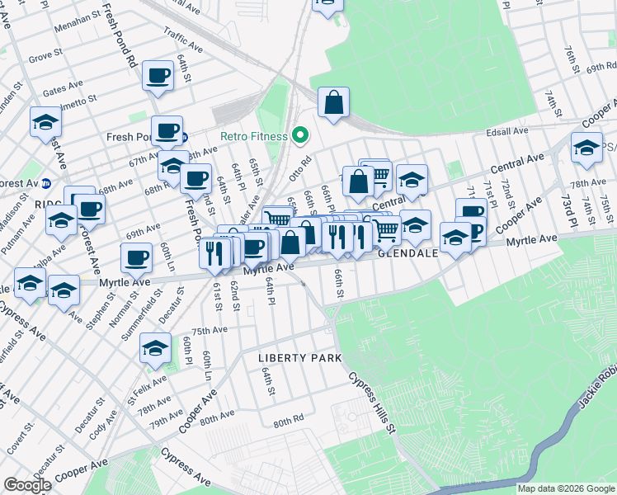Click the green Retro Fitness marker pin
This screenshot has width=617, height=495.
pos(300,135)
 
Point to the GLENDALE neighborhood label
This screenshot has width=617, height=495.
pos(407,254)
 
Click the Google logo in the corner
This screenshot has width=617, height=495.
pos(27,485)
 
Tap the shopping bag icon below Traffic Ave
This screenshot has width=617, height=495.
pos(333,103)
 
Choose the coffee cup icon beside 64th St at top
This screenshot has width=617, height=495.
pos(157,76)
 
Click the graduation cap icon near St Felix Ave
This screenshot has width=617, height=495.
pos(154,348)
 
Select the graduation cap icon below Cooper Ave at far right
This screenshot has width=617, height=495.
pos(586,148)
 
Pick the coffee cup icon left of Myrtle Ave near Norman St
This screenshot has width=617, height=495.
pos(136,257)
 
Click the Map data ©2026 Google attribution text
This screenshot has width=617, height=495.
pos(567,488)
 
